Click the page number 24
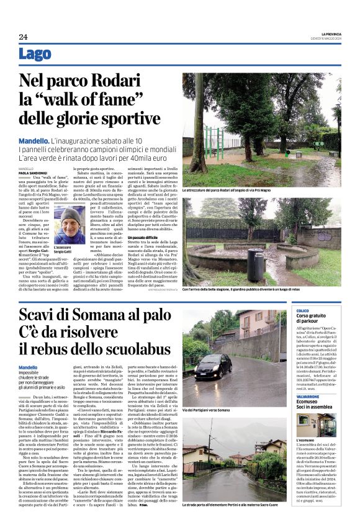(x=23, y=37)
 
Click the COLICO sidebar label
(x=303, y=310)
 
